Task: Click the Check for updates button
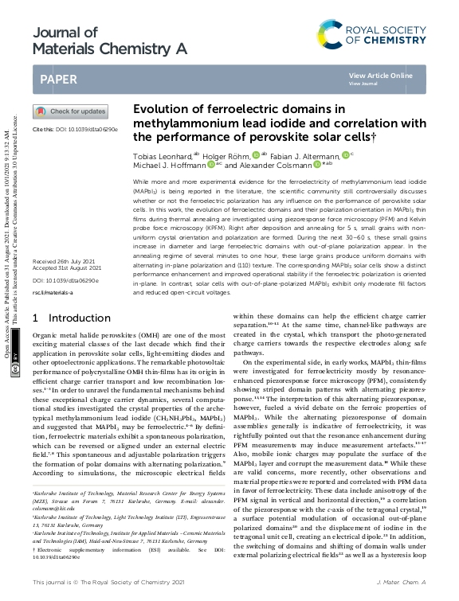tap(69, 111)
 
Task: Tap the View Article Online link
tap(380, 76)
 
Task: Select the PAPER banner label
tap(61, 79)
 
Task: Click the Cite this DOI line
tap(75, 129)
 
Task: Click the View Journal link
tap(363, 83)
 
